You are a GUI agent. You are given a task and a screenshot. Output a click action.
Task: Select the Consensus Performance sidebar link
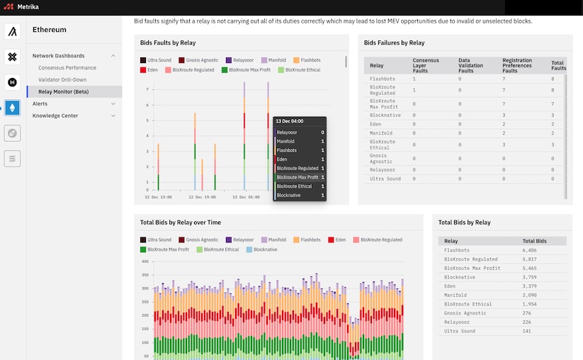pyautogui.click(x=67, y=67)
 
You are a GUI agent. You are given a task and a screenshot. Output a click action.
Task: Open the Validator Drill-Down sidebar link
pyautogui.click(x=62, y=79)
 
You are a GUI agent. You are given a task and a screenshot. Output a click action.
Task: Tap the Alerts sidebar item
pyautogui.click(x=40, y=103)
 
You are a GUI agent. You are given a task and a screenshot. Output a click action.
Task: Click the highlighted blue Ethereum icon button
pyautogui.click(x=13, y=108)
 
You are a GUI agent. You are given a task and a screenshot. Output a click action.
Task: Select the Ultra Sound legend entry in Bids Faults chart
pyautogui.click(x=159, y=61)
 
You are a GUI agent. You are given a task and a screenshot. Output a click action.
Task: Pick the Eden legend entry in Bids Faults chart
pyautogui.click(x=153, y=70)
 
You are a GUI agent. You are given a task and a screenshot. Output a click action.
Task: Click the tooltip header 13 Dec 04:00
pyautogui.click(x=289, y=121)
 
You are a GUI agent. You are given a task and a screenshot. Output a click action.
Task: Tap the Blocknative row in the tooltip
pyautogui.click(x=289, y=195)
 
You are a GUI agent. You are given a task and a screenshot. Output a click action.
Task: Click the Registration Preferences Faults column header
pyautogui.click(x=523, y=65)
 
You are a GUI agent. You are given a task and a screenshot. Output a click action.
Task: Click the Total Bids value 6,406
pyautogui.click(x=529, y=250)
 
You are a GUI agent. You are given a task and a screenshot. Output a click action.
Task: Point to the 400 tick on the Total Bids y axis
pyautogui.click(x=145, y=261)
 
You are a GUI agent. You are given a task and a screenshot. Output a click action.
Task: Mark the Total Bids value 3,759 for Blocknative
pyautogui.click(x=529, y=277)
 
